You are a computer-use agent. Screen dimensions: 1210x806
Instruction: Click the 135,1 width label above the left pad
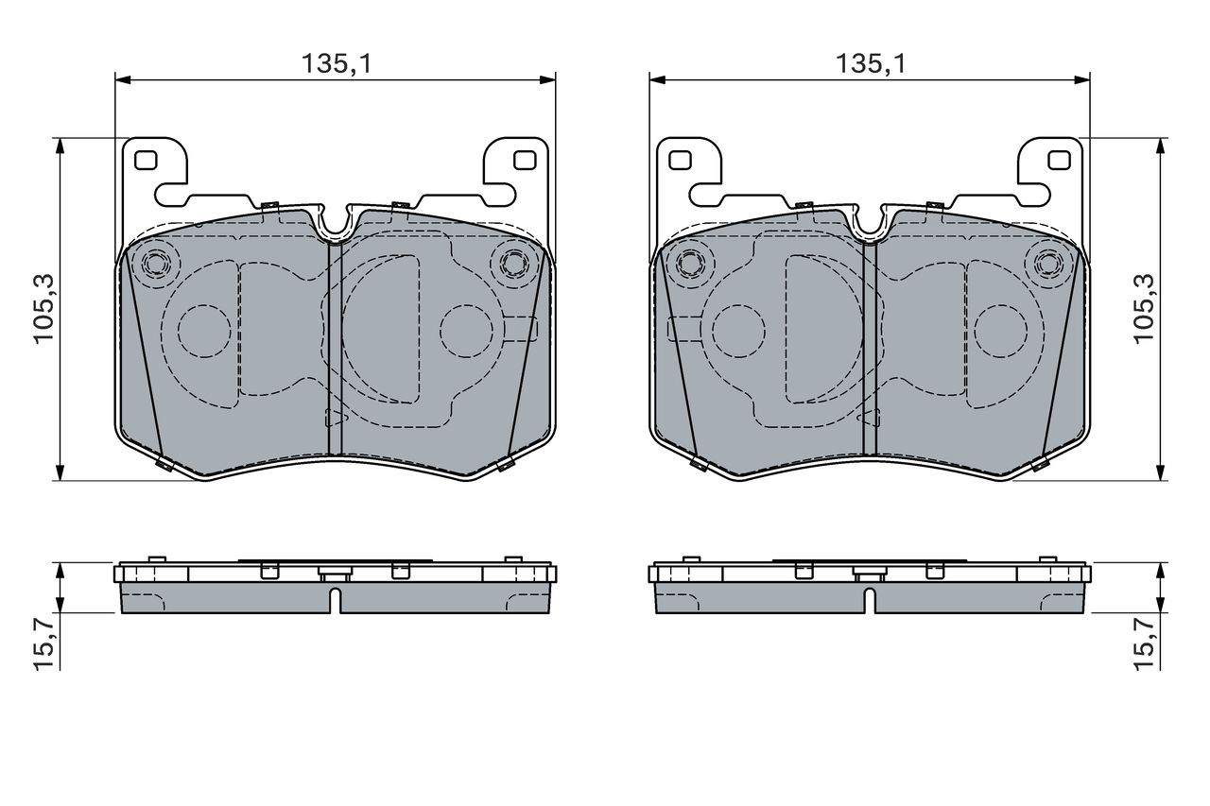tap(337, 63)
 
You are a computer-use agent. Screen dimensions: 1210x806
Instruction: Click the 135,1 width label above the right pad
tap(871, 63)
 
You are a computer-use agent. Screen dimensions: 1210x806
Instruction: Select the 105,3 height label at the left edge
tap(43, 309)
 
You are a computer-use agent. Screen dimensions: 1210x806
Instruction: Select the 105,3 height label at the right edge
tap(1143, 309)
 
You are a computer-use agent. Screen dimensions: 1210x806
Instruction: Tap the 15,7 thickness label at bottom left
tap(44, 645)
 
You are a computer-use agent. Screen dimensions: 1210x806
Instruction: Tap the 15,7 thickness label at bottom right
tap(1143, 645)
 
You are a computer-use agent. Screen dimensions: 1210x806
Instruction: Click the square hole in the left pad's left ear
tap(146, 161)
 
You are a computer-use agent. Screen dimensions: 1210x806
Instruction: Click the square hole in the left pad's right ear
tap(525, 161)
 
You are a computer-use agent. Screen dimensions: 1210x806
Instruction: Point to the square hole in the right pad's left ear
tap(680, 161)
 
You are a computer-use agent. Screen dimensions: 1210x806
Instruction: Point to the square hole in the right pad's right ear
tap(1060, 161)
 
